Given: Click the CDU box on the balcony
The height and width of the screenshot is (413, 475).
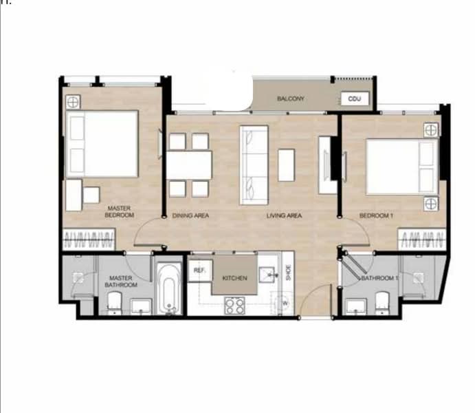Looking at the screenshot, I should point(355,99).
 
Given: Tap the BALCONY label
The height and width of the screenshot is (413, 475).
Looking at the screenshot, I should point(291,99).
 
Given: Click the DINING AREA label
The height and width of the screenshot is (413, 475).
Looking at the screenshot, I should point(190,215).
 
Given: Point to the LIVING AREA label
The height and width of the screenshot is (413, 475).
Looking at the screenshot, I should point(285,215).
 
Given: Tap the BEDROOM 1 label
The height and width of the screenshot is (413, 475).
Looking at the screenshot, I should point(376,215).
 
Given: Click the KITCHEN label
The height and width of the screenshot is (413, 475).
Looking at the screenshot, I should point(234,278).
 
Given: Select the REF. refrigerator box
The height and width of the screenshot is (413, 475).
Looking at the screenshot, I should point(199,271).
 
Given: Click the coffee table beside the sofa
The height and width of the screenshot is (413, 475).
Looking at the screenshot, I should point(286,165).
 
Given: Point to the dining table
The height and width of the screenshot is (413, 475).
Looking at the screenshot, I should point(189,165).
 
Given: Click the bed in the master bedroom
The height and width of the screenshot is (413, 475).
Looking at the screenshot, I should point(102,144).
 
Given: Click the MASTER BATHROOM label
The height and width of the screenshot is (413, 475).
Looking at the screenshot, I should point(121,282).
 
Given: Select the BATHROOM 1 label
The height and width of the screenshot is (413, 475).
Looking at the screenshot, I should point(379,278).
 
